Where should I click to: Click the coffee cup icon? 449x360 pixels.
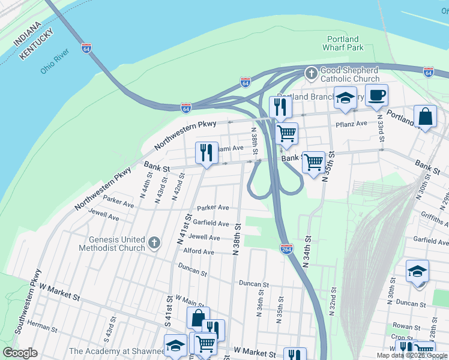[x=376, y=95]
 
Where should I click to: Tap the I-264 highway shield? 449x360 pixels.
[x=286, y=248]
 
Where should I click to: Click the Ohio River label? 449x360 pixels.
[x=56, y=62]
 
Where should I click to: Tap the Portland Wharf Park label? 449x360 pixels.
[x=343, y=43]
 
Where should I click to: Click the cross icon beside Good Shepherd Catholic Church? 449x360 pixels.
[x=311, y=74]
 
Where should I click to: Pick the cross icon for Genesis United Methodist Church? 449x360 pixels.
[x=154, y=243]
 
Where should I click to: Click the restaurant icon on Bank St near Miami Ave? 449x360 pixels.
[x=206, y=153]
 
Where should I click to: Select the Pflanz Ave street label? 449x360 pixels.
[x=352, y=124]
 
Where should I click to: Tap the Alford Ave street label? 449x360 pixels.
[x=199, y=252]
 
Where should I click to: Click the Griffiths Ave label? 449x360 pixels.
[x=434, y=218]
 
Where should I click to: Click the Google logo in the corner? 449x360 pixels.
[x=20, y=353]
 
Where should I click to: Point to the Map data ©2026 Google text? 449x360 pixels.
[x=411, y=355]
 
